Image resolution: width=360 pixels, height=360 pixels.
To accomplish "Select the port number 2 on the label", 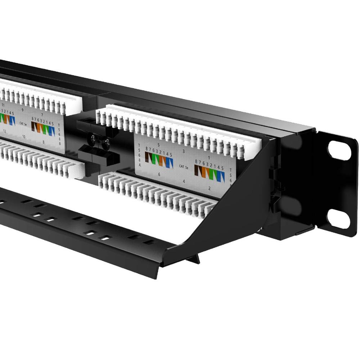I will (209, 188).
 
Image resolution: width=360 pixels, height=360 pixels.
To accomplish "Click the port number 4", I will (184, 181).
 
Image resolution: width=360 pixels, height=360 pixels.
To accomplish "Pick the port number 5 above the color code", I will (158, 145).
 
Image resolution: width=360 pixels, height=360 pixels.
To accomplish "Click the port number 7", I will (42, 114).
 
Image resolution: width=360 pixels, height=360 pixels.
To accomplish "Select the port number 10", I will (23, 137).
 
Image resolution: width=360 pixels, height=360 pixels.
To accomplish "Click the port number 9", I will (23, 109).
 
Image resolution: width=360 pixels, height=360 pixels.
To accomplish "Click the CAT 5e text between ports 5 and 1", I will (184, 167).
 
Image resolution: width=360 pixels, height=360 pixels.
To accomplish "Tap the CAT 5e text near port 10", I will (23, 123).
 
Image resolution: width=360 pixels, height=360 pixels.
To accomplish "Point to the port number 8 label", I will (43, 142).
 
